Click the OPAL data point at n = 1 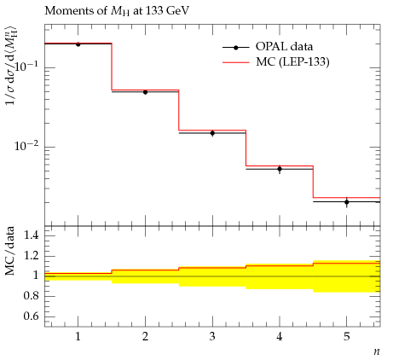pos(78,44)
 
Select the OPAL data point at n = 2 pos(145,92)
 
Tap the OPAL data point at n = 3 pos(212,133)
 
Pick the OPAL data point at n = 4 pos(280,169)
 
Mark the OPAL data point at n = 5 pos(347,202)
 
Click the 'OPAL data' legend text pos(284,47)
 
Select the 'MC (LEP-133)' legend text pos(292,62)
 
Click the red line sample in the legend pos(236,62)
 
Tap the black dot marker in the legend pos(236,48)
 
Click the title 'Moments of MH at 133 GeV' pos(117,11)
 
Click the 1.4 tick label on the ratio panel pos(32,235)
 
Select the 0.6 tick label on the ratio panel pos(32,316)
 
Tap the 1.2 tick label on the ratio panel pos(32,255)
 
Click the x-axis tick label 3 pos(212,337)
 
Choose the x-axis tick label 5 pos(347,337)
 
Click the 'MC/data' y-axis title pos(10,251)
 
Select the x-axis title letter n pos(377,352)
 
